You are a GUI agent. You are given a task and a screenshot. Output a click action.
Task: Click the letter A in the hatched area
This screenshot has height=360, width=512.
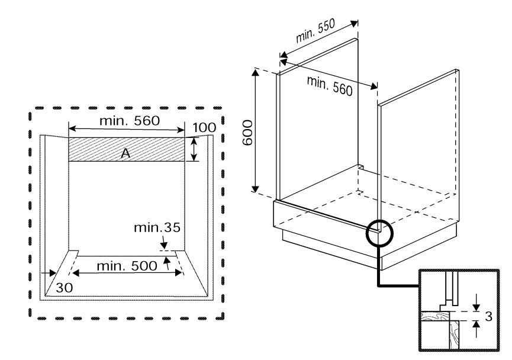(x=125, y=153)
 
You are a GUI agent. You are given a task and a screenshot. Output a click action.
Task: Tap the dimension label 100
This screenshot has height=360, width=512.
(x=204, y=127)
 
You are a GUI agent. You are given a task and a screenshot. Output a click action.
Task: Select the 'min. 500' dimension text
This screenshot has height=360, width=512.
(x=127, y=266)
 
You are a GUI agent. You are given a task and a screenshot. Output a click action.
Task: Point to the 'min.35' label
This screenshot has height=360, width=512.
(x=157, y=227)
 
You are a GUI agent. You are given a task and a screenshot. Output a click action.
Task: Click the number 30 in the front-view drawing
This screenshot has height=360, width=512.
(x=65, y=288)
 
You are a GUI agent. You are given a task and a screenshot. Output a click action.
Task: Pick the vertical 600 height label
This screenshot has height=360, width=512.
(x=248, y=133)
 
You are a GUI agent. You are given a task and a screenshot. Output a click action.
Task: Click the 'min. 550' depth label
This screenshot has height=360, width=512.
(x=315, y=31)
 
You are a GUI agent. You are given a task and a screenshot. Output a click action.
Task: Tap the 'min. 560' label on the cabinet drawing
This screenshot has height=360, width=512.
(x=330, y=86)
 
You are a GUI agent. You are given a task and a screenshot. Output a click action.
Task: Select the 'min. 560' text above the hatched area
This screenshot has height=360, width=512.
(x=130, y=121)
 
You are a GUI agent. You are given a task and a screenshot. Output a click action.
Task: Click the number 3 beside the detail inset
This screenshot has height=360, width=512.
(x=488, y=316)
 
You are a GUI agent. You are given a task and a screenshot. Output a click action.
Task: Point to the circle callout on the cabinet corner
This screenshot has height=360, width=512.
(x=379, y=233)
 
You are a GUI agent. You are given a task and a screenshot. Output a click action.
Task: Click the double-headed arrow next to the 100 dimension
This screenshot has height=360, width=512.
(x=194, y=149)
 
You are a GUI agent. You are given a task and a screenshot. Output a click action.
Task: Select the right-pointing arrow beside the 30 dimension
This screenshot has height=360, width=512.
(x=49, y=272)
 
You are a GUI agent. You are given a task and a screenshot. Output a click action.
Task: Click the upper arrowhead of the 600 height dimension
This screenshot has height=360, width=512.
(x=255, y=72)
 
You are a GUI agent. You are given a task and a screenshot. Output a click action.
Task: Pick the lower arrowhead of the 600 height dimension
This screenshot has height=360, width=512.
(x=255, y=188)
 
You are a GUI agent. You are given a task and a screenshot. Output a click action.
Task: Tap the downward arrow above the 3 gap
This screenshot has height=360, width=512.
(x=476, y=303)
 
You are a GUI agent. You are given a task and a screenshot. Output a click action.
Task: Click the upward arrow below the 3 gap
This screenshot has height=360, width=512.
(x=476, y=329)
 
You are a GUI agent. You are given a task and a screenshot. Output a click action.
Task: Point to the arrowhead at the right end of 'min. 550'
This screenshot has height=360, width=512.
(x=355, y=24)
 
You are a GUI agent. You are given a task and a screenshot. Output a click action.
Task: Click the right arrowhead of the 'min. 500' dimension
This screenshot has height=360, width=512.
(x=179, y=272)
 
